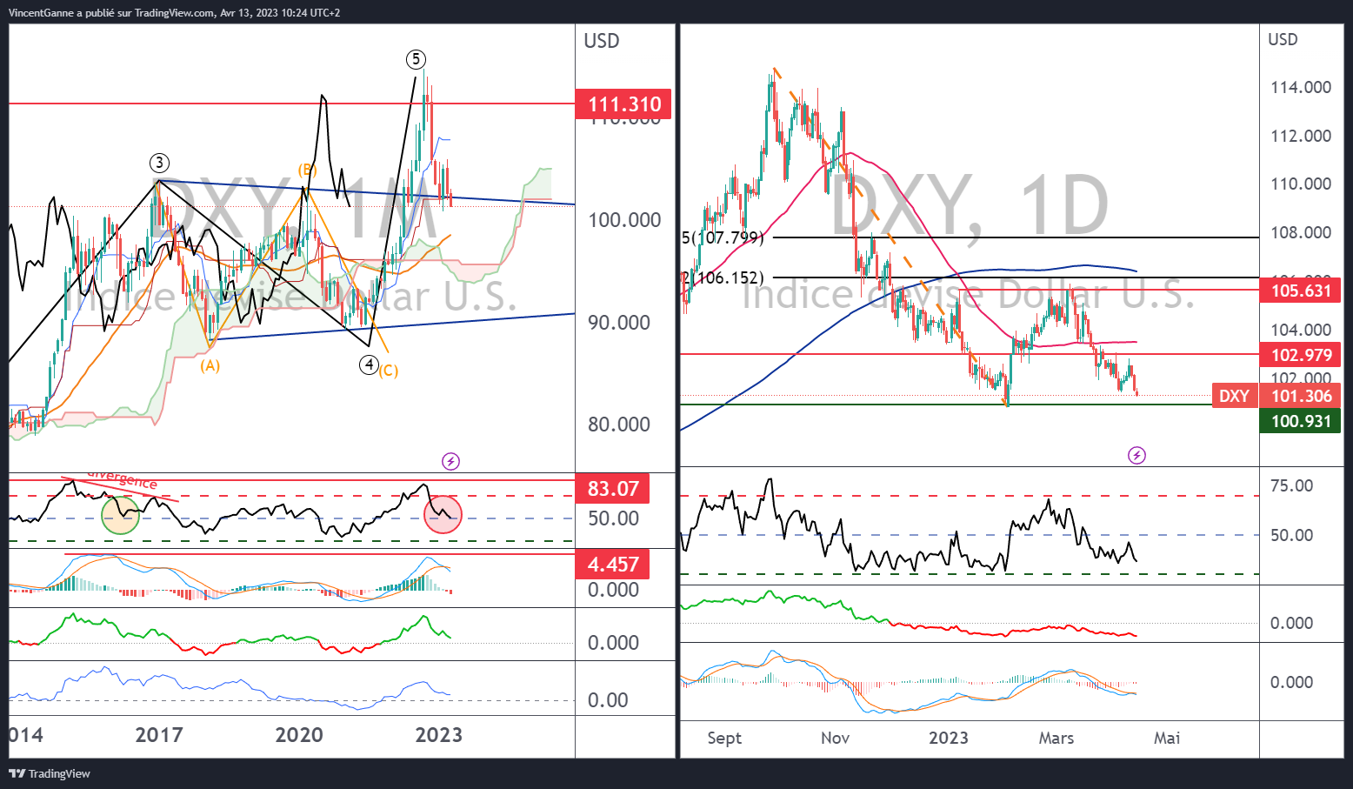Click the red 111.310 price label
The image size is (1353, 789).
pyautogui.click(x=624, y=104)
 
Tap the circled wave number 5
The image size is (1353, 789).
pyautogui.click(x=416, y=59)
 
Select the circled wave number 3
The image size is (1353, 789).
pyautogui.click(x=158, y=163)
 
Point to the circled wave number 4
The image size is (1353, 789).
pyautogui.click(x=370, y=364)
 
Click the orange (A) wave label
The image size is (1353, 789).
pyautogui.click(x=210, y=366)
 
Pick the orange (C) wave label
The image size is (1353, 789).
pyautogui.click(x=388, y=371)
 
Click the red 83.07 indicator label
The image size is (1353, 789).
pyautogui.click(x=613, y=489)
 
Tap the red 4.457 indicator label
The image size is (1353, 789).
pyautogui.click(x=613, y=565)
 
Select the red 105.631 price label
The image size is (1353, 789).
pyautogui.click(x=1301, y=291)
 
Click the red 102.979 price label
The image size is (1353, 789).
pyautogui.click(x=1301, y=355)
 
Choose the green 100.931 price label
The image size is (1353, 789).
pyautogui.click(x=1301, y=422)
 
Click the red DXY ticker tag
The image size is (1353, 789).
pyautogui.click(x=1234, y=397)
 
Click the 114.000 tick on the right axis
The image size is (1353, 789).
pyautogui.click(x=1300, y=87)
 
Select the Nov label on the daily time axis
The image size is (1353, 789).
pyautogui.click(x=835, y=738)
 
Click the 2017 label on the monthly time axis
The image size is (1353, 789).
pyautogui.click(x=159, y=735)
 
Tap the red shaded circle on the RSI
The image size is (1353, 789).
pyautogui.click(x=443, y=514)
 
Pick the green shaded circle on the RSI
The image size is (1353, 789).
pyautogui.click(x=120, y=514)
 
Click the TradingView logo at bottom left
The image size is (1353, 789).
pyautogui.click(x=50, y=773)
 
